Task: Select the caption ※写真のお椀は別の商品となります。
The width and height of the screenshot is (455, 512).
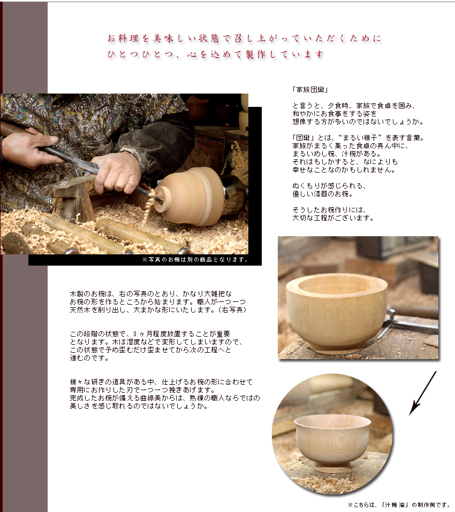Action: point(195,260)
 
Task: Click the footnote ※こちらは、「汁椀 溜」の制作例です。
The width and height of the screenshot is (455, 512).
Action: point(399,505)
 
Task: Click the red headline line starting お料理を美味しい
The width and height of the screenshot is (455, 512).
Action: point(244,39)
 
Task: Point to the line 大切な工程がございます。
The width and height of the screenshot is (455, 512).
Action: point(332,218)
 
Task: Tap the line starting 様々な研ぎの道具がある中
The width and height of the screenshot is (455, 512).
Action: point(161,383)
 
